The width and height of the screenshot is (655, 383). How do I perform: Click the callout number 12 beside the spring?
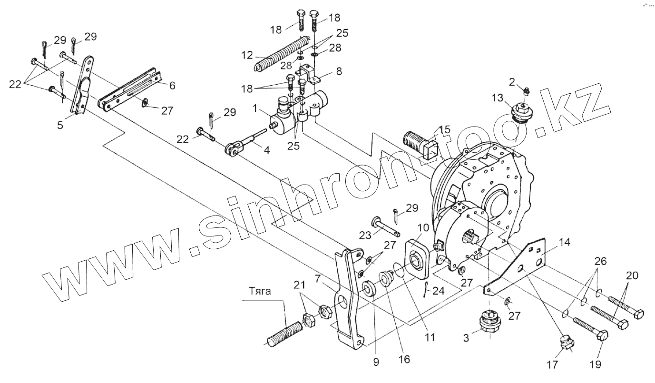[x=247, y=56]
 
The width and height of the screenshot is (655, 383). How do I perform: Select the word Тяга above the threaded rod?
[x=260, y=292]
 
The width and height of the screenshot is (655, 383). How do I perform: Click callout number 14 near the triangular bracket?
[x=564, y=242]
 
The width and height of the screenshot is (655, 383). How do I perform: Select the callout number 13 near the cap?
[x=497, y=98]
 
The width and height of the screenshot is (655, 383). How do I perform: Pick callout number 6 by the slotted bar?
[x=172, y=86]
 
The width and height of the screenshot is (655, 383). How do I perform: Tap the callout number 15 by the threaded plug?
[x=445, y=129]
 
